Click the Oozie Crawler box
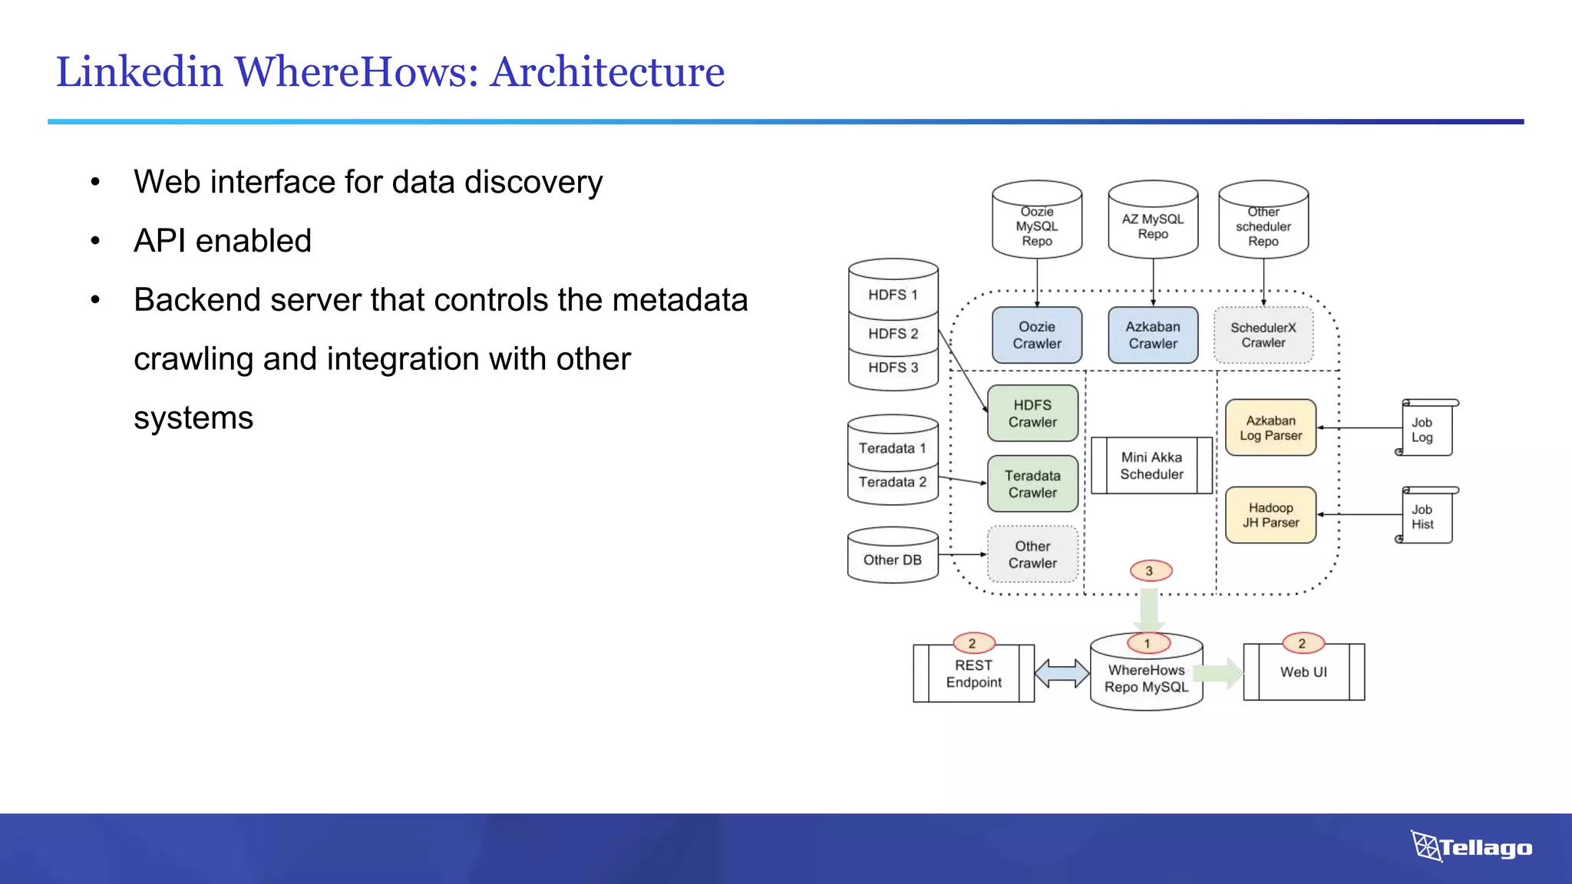point(1036,335)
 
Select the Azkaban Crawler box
point(1152,335)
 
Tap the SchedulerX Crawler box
point(1263,335)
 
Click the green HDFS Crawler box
point(1032,414)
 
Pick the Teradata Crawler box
point(1032,484)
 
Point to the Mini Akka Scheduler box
point(1151,466)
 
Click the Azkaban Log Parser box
point(1270,428)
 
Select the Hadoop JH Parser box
point(1270,515)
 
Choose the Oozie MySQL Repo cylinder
point(1036,220)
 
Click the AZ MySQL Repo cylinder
point(1152,220)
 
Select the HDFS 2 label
point(893,334)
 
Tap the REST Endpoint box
point(973,674)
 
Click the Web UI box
point(1303,672)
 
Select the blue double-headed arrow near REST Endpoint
point(1062,674)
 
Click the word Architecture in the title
point(606,72)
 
